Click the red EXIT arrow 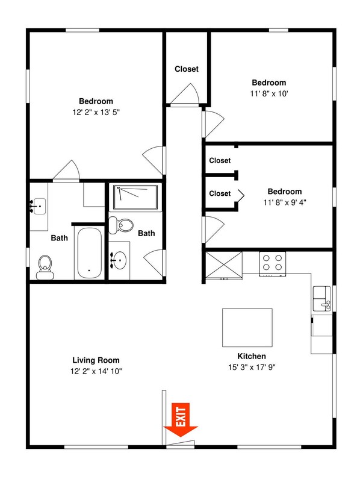click(x=181, y=420)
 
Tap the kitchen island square click(x=247, y=328)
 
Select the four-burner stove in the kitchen click(x=272, y=263)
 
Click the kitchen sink click(x=322, y=298)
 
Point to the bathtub click(x=89, y=253)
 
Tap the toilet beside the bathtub click(x=45, y=268)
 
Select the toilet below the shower click(x=121, y=225)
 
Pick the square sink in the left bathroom click(x=39, y=206)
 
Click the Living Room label click(x=96, y=360)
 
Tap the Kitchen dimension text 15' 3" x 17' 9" click(x=252, y=367)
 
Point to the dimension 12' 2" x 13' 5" click(x=96, y=112)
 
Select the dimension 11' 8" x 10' click(x=269, y=93)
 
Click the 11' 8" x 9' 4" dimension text click(x=285, y=202)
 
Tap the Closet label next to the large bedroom click(x=187, y=69)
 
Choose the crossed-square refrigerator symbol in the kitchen click(x=224, y=265)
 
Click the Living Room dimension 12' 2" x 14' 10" click(x=96, y=371)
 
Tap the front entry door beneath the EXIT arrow click(x=181, y=443)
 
